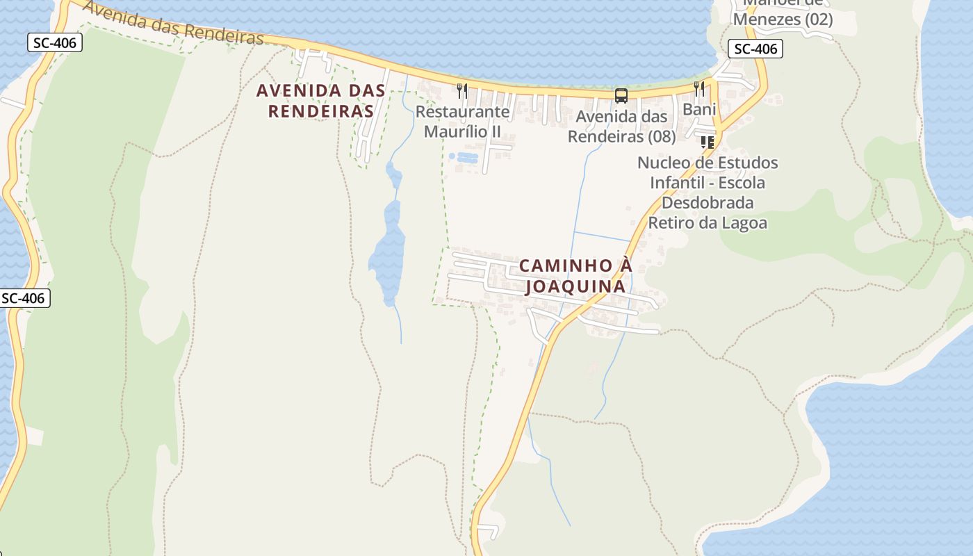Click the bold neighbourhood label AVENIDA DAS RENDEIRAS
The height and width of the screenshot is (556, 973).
(320, 100)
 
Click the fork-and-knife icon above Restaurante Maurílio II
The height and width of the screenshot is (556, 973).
(462, 90)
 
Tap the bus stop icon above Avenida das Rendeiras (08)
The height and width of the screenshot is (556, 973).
(621, 96)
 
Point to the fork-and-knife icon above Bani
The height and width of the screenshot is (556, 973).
(699, 88)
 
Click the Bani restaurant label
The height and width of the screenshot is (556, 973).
(699, 109)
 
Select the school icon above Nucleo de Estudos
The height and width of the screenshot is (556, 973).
(708, 142)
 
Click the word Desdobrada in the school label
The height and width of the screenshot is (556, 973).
(708, 203)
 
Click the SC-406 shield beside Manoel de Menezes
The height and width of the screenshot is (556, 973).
(755, 49)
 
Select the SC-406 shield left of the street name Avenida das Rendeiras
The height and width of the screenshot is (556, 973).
(55, 43)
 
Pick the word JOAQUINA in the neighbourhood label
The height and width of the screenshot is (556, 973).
(575, 286)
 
